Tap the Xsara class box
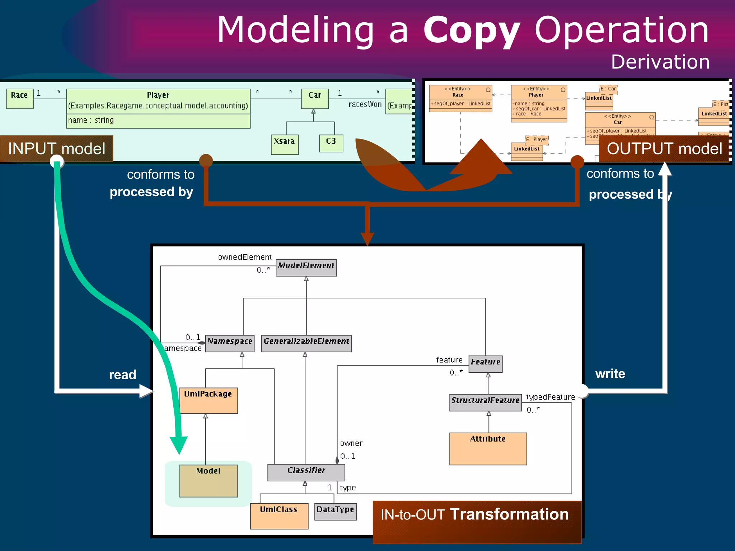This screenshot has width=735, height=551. (x=285, y=144)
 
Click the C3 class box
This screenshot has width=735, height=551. (x=331, y=143)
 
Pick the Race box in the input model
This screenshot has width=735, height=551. (x=20, y=98)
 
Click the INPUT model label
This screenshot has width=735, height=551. (x=57, y=149)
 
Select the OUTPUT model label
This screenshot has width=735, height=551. (x=664, y=149)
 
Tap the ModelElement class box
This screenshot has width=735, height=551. (x=306, y=268)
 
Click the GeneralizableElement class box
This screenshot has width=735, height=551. (x=306, y=343)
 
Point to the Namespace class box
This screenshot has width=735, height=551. (x=230, y=343)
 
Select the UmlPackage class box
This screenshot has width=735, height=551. (x=209, y=400)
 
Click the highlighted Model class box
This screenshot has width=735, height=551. (x=209, y=481)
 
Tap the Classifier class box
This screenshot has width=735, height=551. (x=306, y=472)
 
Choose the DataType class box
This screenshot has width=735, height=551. (x=335, y=512)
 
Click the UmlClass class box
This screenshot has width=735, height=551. (x=279, y=516)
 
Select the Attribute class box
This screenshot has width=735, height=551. (x=488, y=448)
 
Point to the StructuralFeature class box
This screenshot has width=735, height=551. (x=485, y=402)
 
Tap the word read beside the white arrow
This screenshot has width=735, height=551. (x=122, y=375)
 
